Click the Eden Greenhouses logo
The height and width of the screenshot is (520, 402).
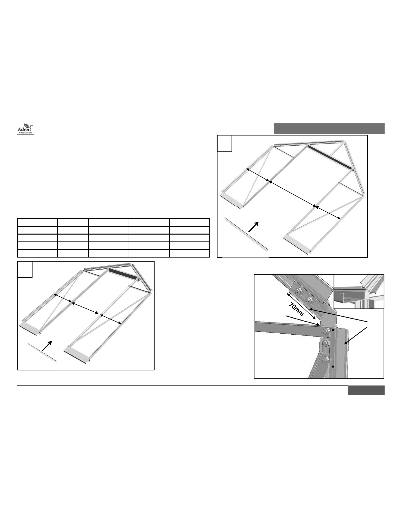pos(25,129)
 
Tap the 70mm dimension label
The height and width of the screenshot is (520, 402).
pos(296,309)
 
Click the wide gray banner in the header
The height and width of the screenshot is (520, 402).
pos(329,129)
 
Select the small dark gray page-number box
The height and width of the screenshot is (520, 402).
pos(366,390)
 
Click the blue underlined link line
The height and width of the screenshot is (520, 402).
pos(65,517)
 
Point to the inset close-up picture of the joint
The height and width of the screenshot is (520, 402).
pos(359,291)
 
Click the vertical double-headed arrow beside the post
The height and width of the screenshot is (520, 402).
pos(333,348)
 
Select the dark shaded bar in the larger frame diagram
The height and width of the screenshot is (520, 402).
pos(330,157)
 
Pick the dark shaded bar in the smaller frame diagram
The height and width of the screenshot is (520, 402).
pos(124,274)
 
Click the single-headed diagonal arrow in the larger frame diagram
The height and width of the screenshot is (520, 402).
pos(254,227)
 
